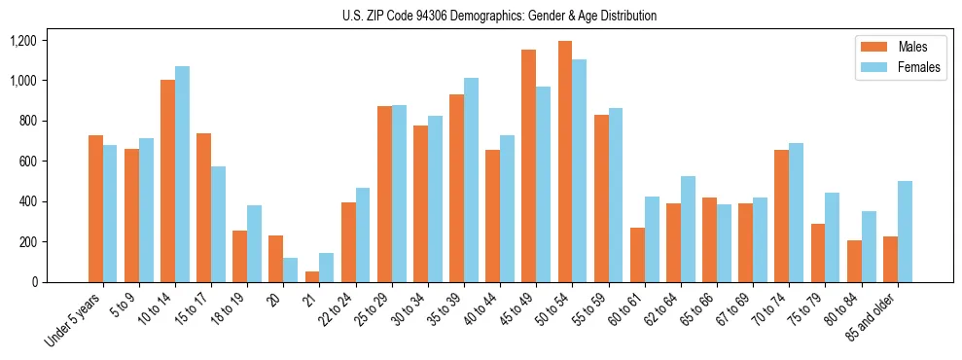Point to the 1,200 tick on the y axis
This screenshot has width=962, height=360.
click(x=22, y=41)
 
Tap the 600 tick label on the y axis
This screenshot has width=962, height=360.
click(x=26, y=162)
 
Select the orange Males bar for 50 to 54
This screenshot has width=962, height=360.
click(x=564, y=162)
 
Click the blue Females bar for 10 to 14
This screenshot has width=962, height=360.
click(x=182, y=174)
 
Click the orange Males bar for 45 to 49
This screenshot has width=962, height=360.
click(x=528, y=166)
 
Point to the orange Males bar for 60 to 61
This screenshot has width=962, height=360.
click(x=637, y=255)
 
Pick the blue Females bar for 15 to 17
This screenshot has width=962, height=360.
click(x=218, y=225)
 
